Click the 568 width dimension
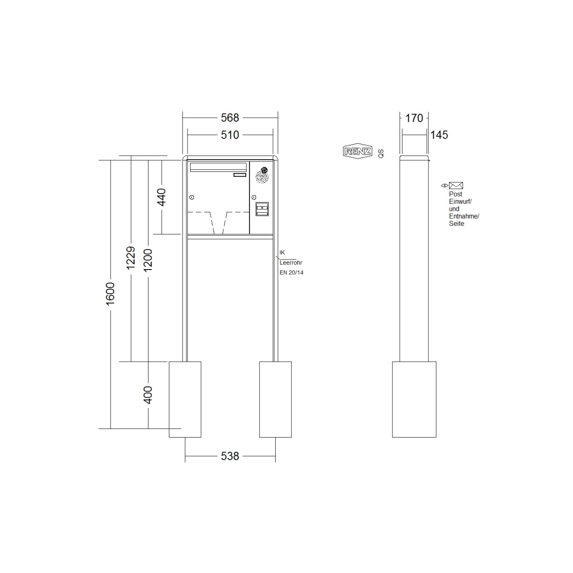[x=230, y=118]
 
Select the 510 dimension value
[x=230, y=135]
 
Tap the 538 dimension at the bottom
[x=230, y=456]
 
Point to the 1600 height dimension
[x=110, y=293]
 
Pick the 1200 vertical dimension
[x=148, y=260]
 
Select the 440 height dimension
[x=161, y=198]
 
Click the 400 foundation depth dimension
[x=148, y=395]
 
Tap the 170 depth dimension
[x=414, y=118]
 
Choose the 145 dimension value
[x=439, y=135]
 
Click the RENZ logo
[x=357, y=151]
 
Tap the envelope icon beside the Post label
[x=456, y=186]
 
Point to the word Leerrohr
[x=291, y=263]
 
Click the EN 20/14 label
[x=291, y=273]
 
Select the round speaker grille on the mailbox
[x=262, y=176]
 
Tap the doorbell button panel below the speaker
[x=262, y=209]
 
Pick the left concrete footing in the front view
[x=185, y=399]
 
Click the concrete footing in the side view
[x=414, y=399]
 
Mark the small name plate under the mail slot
[x=240, y=175]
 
